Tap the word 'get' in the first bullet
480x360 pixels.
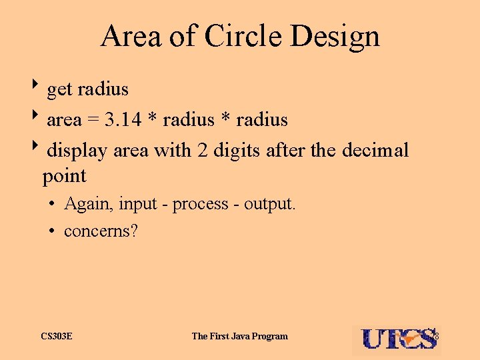59,89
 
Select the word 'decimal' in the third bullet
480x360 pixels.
375,151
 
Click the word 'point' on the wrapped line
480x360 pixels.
64,177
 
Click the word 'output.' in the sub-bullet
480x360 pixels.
269,204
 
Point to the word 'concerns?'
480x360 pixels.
101,231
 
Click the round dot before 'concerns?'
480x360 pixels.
51,232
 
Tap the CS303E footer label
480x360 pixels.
57,336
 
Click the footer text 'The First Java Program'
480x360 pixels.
239,336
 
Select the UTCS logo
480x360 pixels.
396,339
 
